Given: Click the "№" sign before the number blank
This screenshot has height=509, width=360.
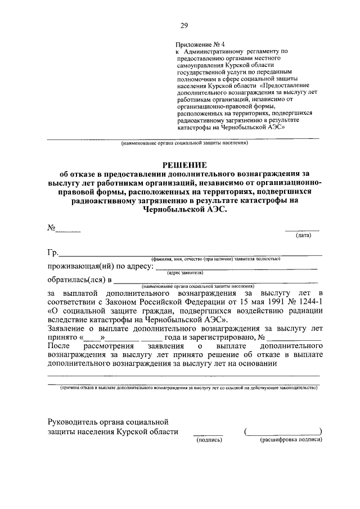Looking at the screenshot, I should coord(51,228).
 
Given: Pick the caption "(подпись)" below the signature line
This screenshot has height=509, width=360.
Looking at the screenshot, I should coord(209,440).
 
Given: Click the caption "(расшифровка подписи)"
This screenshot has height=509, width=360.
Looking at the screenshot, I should coord(291,440).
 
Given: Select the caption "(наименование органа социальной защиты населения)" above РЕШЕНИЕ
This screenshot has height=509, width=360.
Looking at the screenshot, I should coord(183,143).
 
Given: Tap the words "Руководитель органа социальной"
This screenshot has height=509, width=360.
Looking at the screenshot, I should coord(109,421).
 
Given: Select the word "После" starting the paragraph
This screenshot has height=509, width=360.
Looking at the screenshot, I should coord(59,345).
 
